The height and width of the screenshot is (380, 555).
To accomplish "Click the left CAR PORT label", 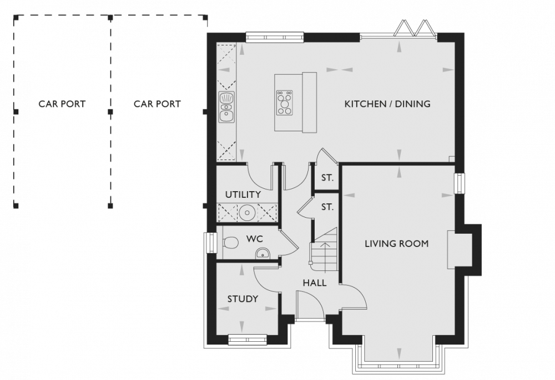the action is click(62, 104).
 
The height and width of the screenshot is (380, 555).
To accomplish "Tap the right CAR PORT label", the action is click(157, 104).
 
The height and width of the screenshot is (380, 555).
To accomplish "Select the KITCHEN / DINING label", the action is click(387, 104).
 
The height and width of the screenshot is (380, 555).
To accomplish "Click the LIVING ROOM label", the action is click(396, 243).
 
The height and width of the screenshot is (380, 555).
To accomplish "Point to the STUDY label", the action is click(243, 299).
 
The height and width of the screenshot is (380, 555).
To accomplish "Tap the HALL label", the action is click(315, 283).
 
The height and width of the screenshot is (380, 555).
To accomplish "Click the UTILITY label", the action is click(243, 194).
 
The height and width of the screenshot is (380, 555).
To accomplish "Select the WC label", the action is click(255, 239).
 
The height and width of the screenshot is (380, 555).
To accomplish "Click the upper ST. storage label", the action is click(327, 178).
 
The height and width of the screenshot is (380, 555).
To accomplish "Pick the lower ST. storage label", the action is click(327, 207).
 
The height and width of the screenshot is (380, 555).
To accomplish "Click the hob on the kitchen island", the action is click(285, 103).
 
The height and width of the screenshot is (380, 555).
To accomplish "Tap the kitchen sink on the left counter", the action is click(226, 107).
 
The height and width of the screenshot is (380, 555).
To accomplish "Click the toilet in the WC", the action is click(230, 243).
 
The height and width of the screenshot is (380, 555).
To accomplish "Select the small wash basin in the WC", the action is click(263, 253).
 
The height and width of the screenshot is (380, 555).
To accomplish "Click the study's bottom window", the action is click(248, 340).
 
